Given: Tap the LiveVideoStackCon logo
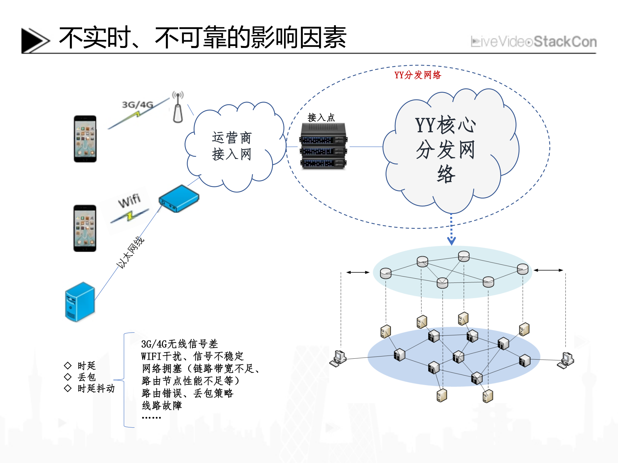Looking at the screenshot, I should pos(533,42).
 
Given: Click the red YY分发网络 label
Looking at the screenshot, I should pos(417,75).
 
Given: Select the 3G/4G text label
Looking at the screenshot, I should pos(137,105).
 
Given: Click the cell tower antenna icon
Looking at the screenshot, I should pos(178,107).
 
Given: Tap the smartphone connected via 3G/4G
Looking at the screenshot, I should pos(85,139).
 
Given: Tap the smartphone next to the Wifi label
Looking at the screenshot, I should pos(85,228).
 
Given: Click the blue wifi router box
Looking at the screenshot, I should pos(179,199).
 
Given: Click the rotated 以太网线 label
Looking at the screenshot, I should pos(130,252).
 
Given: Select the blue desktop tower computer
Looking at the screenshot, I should pos(80,301).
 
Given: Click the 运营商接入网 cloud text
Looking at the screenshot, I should pos(232,146).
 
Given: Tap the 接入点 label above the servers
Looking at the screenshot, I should pos(321,117).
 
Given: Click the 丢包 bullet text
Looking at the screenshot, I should pos(86,377).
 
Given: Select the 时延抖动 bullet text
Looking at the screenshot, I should pos(96,388).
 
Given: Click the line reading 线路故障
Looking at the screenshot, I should pos(162,405).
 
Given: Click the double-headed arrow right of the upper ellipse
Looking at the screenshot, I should pos(548,270).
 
